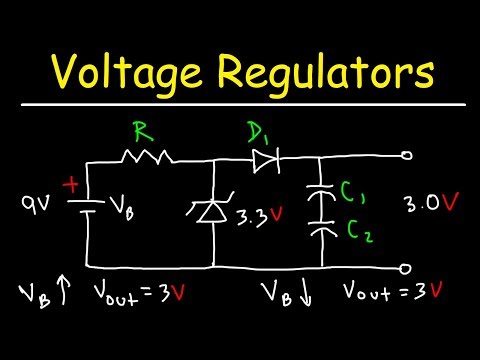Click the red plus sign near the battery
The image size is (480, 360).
(72, 186)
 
